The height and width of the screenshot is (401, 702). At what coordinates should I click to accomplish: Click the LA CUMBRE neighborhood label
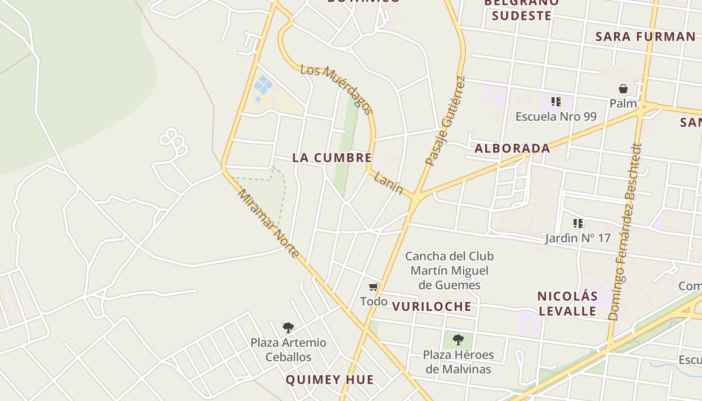pyautogui.click(x=332, y=157)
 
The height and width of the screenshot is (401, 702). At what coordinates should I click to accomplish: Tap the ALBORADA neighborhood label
pyautogui.click(x=512, y=148)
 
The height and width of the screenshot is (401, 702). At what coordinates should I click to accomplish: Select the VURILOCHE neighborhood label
pyautogui.click(x=431, y=306)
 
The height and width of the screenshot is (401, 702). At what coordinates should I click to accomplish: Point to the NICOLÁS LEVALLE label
pyautogui.click(x=567, y=303)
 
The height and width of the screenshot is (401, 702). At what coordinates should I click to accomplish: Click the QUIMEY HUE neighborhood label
pyautogui.click(x=329, y=379)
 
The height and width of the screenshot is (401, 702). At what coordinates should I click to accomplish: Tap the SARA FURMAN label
pyautogui.click(x=645, y=36)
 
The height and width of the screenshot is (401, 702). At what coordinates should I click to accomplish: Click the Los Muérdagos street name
pyautogui.click(x=337, y=90)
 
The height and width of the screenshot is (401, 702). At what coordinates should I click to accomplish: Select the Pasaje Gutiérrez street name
pyautogui.click(x=445, y=121)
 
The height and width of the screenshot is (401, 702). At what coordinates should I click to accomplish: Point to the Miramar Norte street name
pyautogui.click(x=268, y=223)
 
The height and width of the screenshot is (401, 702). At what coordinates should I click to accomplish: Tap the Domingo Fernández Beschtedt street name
pyautogui.click(x=625, y=232)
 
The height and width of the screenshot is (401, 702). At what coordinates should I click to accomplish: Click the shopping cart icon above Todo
pyautogui.click(x=373, y=287)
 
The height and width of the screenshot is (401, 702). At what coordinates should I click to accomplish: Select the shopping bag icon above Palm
pyautogui.click(x=623, y=89)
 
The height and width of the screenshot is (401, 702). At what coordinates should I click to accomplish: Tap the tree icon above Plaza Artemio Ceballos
pyautogui.click(x=288, y=328)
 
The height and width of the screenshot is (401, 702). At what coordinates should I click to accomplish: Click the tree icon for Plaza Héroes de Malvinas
pyautogui.click(x=458, y=339)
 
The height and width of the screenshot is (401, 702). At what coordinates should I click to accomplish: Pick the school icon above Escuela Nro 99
pyautogui.click(x=556, y=102)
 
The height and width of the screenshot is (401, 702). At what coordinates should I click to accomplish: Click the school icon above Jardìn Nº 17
pyautogui.click(x=578, y=224)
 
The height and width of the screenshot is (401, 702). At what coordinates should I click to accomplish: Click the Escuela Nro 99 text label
pyautogui.click(x=556, y=117)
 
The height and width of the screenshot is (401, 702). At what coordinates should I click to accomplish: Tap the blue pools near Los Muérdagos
pyautogui.click(x=263, y=85)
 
